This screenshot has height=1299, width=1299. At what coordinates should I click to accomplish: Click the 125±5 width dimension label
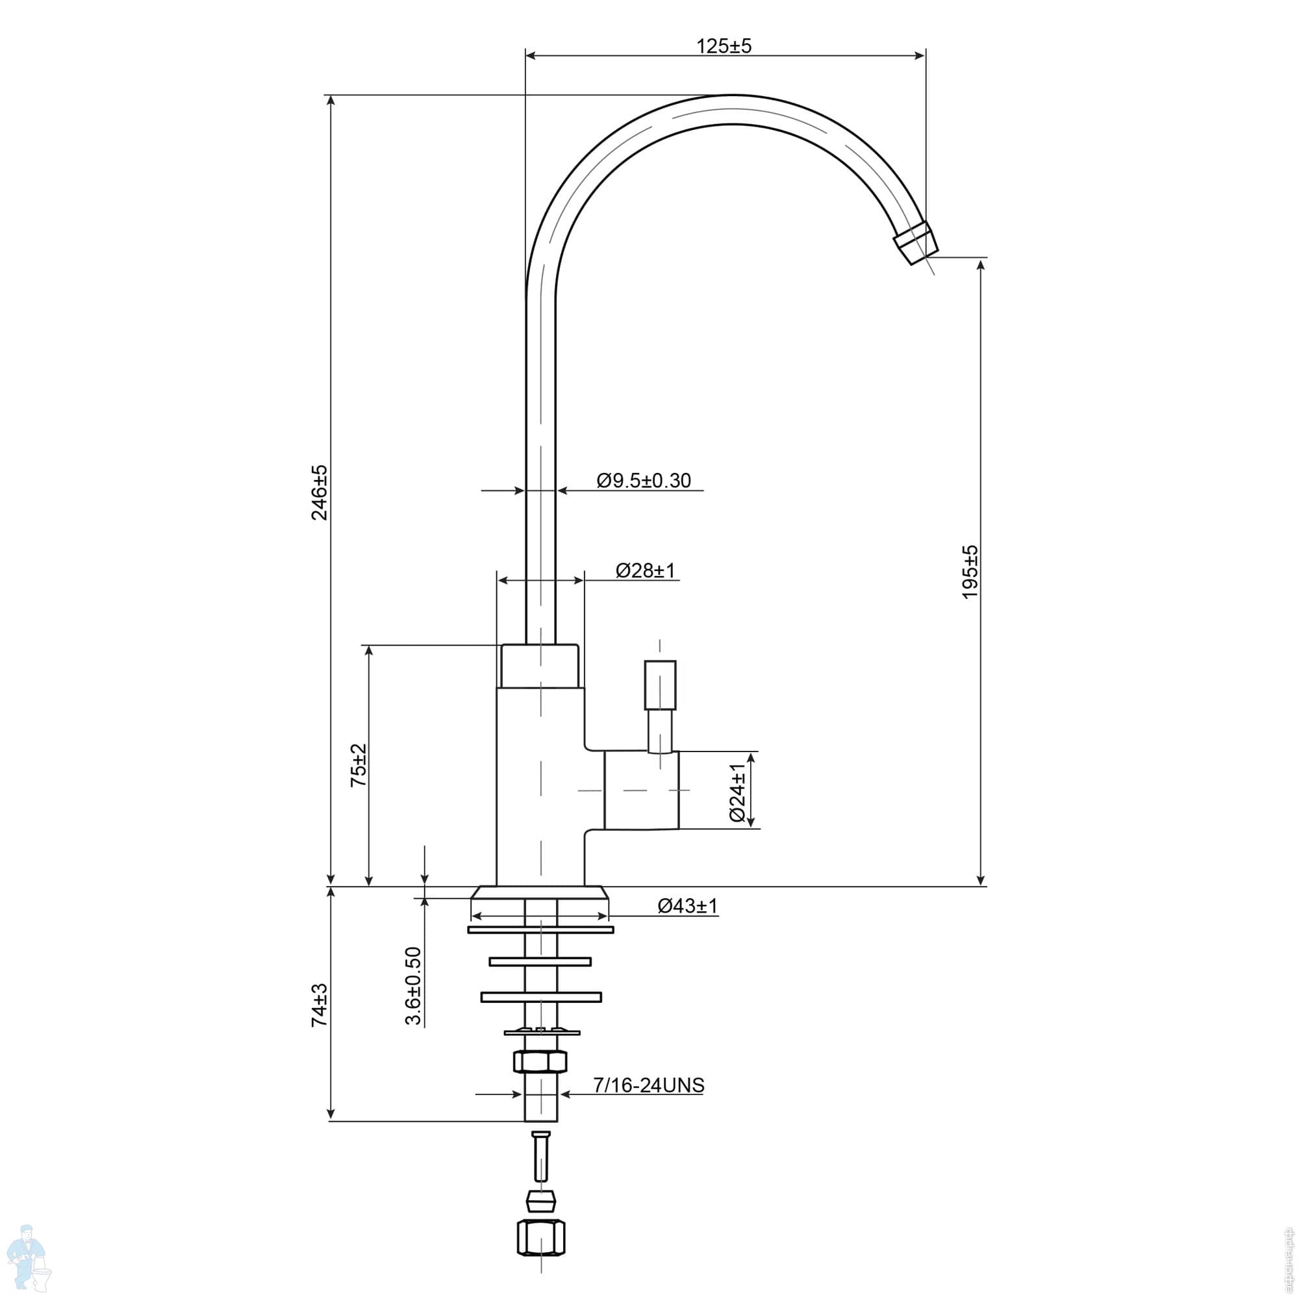point(724,45)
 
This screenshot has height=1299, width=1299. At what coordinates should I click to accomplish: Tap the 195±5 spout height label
point(970,572)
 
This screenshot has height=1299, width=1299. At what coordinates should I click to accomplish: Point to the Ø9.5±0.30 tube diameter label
point(644,481)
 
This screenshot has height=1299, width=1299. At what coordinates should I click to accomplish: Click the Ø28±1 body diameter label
point(646,570)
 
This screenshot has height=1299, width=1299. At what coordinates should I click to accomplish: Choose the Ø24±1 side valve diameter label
point(738,792)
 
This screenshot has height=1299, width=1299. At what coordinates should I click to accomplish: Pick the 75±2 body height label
point(359,765)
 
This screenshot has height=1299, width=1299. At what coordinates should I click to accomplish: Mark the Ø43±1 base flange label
point(688,905)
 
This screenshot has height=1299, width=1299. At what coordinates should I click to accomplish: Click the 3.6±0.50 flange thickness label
point(413,987)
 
